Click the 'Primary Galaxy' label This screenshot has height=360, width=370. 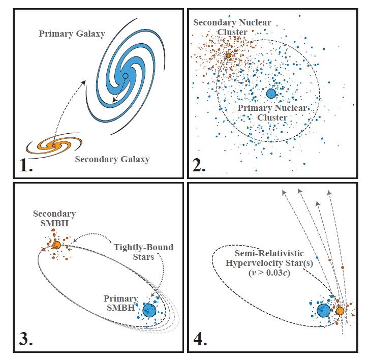72,34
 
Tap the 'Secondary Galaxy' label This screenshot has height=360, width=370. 112,159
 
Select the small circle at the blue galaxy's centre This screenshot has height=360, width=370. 126,76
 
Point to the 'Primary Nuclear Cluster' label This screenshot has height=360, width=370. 272,112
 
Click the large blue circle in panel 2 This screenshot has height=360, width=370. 271,93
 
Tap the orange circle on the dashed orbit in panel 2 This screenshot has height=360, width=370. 228,55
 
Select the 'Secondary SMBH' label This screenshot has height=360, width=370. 54,218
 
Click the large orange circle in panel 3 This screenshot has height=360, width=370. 57,245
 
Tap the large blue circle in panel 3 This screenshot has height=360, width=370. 149,310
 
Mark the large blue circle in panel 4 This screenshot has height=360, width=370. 323,310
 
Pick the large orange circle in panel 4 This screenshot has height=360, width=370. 340,311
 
